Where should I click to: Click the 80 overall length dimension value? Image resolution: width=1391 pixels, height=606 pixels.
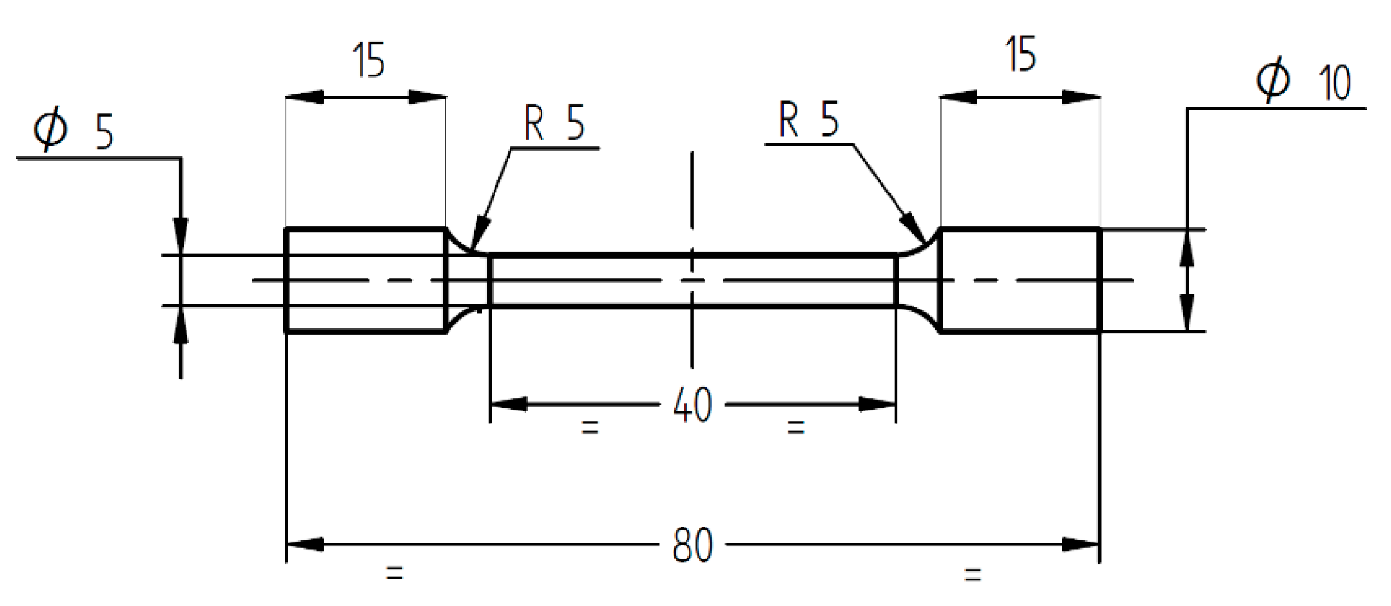tap(692, 545)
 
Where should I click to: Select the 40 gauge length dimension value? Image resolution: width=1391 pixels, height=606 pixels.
tap(692, 405)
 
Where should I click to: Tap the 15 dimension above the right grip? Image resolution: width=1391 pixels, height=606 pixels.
tap(1020, 55)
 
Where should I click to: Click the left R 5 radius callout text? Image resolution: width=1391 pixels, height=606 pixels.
tap(554, 123)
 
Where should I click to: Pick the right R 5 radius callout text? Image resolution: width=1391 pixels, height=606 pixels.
tap(809, 119)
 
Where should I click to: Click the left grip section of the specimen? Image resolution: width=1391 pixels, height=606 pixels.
tap(365, 280)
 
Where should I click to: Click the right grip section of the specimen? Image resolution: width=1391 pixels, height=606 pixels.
tap(1020, 280)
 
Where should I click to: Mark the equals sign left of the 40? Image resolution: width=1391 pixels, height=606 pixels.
tap(590, 427)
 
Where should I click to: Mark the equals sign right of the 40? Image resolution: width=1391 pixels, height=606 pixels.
tap(796, 427)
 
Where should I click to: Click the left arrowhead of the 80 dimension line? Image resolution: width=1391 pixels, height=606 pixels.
tap(304, 545)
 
